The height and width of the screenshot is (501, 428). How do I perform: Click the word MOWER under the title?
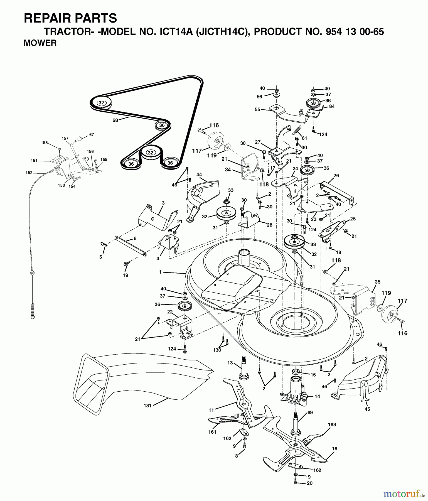point(40,43)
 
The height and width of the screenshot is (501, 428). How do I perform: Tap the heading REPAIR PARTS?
point(70,18)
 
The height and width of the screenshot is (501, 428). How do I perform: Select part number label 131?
point(147,406)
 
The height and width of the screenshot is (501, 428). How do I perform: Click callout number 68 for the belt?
point(115,120)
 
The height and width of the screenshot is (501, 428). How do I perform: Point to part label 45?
point(367,409)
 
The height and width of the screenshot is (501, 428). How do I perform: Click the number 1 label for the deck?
point(160,272)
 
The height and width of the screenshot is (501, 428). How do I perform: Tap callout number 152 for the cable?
point(29,173)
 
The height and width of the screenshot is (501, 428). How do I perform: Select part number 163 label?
point(332,425)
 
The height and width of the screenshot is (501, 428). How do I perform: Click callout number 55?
point(257,110)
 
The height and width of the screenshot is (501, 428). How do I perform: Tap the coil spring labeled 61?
point(297,130)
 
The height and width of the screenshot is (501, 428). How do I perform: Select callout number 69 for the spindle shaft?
point(310,412)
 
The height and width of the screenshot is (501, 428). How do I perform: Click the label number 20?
point(309,483)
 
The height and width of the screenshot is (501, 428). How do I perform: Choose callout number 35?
point(377,282)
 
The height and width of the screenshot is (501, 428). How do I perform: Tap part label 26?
point(336,175)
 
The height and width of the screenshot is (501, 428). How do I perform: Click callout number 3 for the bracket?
point(163,203)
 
